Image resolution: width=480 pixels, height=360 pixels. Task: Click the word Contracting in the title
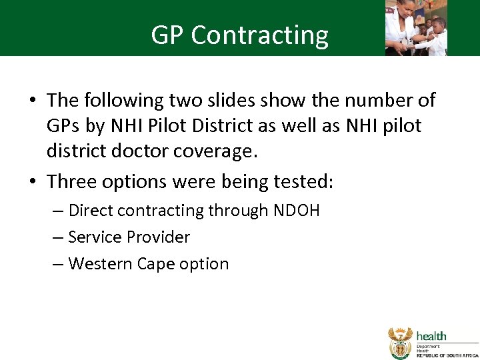point(260,35)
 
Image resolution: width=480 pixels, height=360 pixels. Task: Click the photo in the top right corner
point(416,27)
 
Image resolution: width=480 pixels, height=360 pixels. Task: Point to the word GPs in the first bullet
point(65,126)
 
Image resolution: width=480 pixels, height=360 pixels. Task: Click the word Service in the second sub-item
point(94,237)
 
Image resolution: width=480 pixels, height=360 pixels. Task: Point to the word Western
point(100,264)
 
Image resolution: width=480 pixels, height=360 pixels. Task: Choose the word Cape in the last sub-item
point(154,264)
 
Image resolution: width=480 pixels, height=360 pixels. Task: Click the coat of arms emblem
point(400,343)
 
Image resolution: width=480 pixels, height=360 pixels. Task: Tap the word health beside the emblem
point(431,337)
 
